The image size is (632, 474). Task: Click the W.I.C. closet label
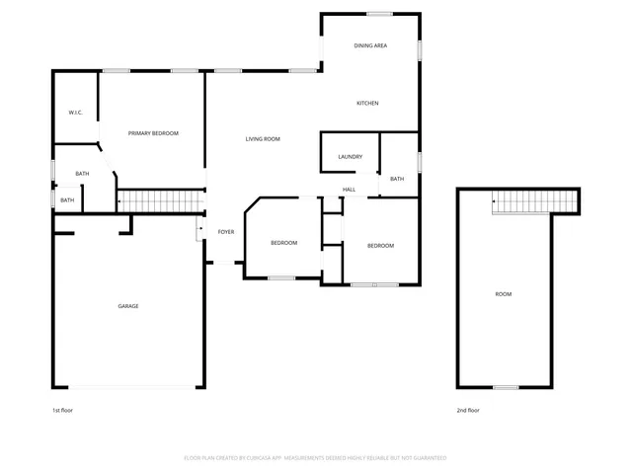[x=75, y=113]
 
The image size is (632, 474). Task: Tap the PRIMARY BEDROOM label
[x=152, y=133]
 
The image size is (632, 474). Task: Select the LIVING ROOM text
[x=263, y=139]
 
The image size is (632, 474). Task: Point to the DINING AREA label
[x=370, y=46]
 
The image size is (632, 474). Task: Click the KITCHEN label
[x=367, y=104]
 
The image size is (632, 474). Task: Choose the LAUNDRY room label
[x=350, y=157]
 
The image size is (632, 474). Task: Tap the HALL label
[x=349, y=190]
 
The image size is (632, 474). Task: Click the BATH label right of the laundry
[x=396, y=179]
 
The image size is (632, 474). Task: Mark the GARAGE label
[x=128, y=306]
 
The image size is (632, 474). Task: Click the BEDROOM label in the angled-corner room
[x=283, y=243]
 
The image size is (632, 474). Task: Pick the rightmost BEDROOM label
[x=380, y=246]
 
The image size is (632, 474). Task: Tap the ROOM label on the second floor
[x=504, y=294]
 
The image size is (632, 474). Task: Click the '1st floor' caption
[x=63, y=410]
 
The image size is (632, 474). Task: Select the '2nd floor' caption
[x=468, y=410]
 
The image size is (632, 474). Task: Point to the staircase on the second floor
[x=533, y=201]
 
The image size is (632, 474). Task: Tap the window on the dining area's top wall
[x=380, y=14]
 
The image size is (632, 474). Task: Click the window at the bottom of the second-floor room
[x=506, y=386]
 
